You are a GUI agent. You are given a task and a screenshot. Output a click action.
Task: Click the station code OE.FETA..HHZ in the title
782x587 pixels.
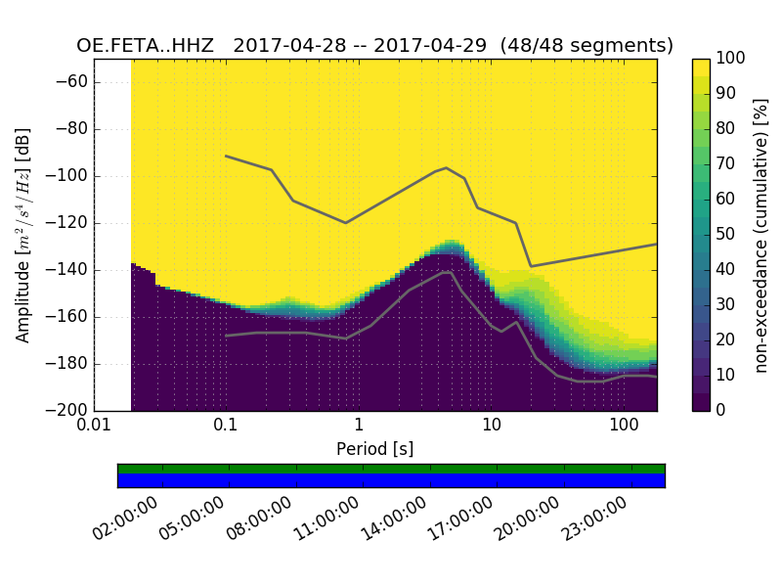click(x=148, y=46)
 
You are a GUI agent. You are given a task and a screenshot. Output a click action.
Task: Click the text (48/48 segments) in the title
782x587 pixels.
click(x=586, y=46)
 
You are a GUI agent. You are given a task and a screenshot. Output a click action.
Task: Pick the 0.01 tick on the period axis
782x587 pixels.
click(x=94, y=427)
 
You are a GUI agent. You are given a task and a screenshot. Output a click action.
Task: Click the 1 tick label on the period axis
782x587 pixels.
click(x=359, y=427)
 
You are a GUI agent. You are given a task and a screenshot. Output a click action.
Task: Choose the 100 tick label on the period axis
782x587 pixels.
click(x=624, y=427)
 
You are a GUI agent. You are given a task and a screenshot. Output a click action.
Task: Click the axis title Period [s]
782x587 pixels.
click(x=375, y=449)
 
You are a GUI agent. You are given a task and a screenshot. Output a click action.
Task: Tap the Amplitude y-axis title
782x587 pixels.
click(x=23, y=235)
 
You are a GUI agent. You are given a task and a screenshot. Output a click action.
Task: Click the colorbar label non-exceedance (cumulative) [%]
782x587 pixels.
click(x=762, y=235)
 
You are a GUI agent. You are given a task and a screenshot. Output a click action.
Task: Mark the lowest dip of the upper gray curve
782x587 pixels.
click(x=531, y=266)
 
